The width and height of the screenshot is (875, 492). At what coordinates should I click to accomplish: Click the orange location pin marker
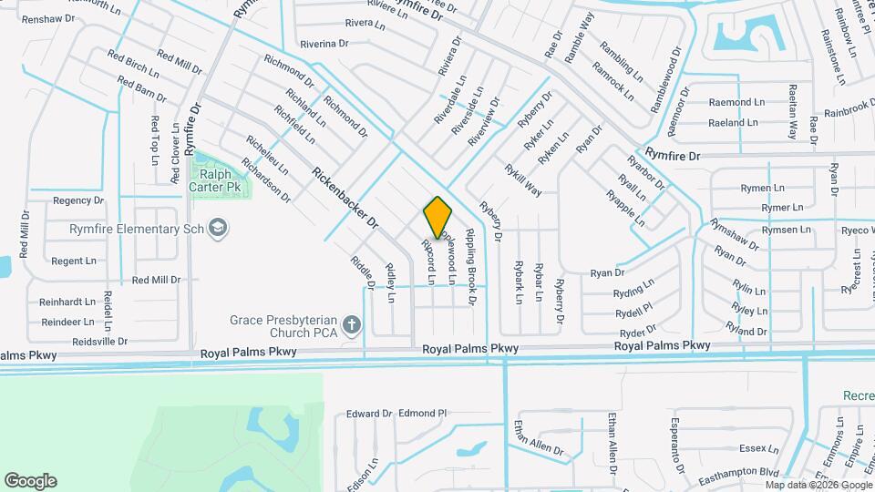438,217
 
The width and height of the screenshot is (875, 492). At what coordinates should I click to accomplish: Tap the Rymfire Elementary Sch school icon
218,228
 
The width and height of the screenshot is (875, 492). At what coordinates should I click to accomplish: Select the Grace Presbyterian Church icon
353,324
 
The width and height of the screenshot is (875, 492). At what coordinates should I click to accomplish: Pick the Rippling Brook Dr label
471,264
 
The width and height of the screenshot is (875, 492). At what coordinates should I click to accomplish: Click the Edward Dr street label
368,414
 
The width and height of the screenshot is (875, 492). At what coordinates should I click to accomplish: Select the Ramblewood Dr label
666,81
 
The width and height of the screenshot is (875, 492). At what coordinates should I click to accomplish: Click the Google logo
30,480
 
